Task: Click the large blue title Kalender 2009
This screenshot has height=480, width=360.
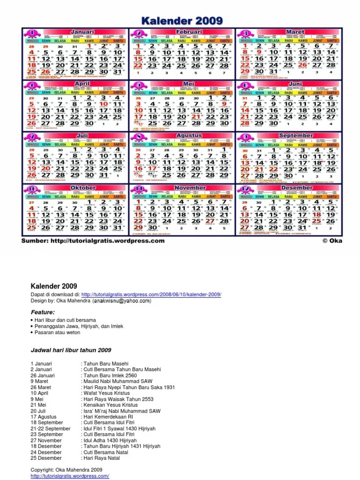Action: (x=181, y=21)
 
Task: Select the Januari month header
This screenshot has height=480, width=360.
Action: (x=82, y=32)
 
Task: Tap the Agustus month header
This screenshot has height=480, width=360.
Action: (x=189, y=135)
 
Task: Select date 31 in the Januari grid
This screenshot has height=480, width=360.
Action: (x=119, y=72)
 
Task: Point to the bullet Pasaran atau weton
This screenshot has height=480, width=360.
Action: (x=58, y=332)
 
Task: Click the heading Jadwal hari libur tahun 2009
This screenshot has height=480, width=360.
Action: (x=71, y=350)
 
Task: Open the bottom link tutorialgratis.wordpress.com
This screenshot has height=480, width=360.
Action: (x=70, y=476)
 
